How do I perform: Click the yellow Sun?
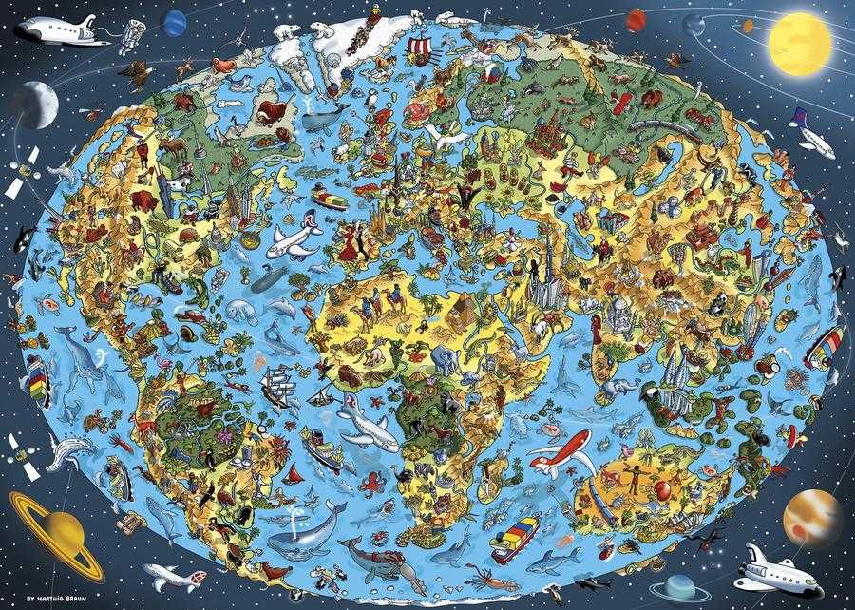[799, 40]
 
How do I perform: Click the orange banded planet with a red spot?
[812, 515]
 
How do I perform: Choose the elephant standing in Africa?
[444, 359]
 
